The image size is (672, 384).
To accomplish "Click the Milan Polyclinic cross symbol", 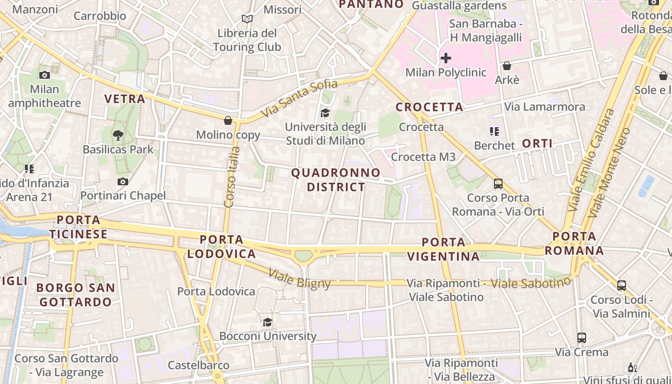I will coord(446,59).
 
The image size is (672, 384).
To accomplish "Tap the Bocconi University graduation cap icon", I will coord(267,322).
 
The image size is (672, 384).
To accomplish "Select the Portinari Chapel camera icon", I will coord(123,181).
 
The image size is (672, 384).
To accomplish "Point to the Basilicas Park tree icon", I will coord(118,135).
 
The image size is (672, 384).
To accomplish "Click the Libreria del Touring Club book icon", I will coord(247,19).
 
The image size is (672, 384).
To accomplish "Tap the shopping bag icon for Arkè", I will coord(507,66).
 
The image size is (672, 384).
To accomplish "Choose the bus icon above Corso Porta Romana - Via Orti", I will coord(498,183).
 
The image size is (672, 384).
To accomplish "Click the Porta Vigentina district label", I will coord(444,249).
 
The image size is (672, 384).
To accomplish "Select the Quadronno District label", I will coord(336,180).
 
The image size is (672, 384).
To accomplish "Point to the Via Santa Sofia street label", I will coord(300,99).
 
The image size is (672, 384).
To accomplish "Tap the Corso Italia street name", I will coord(232,177).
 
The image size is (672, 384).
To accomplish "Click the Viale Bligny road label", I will coord(300,278).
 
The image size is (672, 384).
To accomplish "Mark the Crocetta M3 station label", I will coord(423,157).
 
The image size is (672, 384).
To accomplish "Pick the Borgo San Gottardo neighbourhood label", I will coord(75,295).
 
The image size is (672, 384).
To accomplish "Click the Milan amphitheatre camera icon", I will coord(45,75).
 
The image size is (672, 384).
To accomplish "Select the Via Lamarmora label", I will coord(545,107).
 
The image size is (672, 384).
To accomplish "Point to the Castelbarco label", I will coord(198,365).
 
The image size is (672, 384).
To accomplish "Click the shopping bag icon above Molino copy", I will coord(228,120).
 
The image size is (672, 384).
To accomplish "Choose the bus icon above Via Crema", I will coord(582,338).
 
